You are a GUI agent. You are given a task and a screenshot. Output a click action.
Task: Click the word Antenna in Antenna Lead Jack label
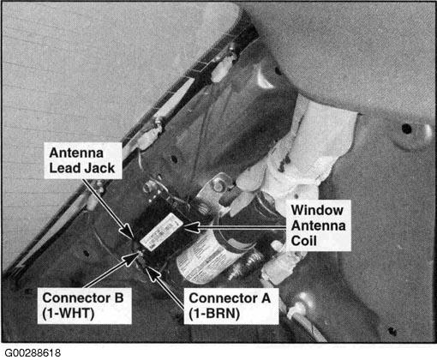[76, 153]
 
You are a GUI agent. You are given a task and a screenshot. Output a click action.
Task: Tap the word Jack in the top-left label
[99, 168]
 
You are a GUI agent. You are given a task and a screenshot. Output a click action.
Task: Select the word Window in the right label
[317, 210]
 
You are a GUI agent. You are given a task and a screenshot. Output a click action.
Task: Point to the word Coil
[303, 241]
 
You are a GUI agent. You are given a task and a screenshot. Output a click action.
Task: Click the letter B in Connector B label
[119, 298]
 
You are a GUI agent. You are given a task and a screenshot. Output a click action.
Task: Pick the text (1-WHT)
[69, 314]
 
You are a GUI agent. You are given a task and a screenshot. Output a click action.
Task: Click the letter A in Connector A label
[266, 298]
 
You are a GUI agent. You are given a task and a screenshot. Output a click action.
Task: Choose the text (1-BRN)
[214, 314]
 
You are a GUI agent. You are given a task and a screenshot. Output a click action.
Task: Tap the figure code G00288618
[33, 353]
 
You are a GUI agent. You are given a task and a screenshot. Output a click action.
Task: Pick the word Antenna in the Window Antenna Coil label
[318, 225]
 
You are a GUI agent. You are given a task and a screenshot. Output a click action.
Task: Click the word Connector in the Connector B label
[76, 298]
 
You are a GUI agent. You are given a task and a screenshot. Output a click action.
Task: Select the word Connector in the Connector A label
[223, 298]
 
